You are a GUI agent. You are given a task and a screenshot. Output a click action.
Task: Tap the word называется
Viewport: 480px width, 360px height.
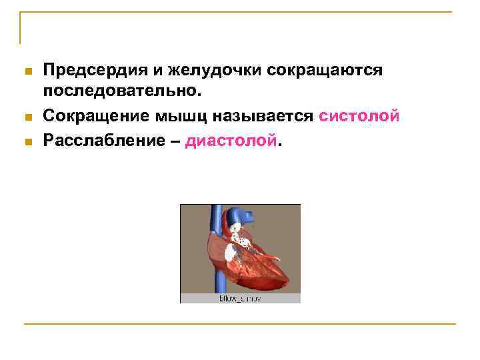263,116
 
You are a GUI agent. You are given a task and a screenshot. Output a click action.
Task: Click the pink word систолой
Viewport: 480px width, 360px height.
359,116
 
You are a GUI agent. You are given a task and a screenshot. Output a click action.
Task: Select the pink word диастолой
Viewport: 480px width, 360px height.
231,141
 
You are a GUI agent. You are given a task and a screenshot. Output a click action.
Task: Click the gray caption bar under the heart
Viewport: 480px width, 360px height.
240,299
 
